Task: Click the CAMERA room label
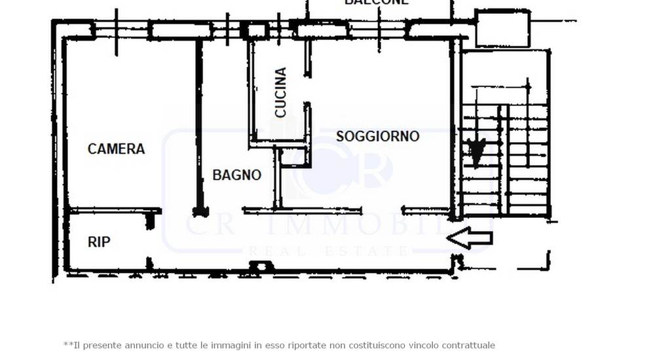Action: coord(116,149)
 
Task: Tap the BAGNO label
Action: coord(236,175)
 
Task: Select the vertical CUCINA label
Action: coord(281,92)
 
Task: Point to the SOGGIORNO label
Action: coord(377,136)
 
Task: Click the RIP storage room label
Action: coord(99,242)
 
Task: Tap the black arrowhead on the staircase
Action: coord(477,151)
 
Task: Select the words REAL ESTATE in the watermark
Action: coord(327,251)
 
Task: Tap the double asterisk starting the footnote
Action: coord(67,344)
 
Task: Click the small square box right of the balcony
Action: coord(502,28)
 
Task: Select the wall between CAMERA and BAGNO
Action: coord(198,124)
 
